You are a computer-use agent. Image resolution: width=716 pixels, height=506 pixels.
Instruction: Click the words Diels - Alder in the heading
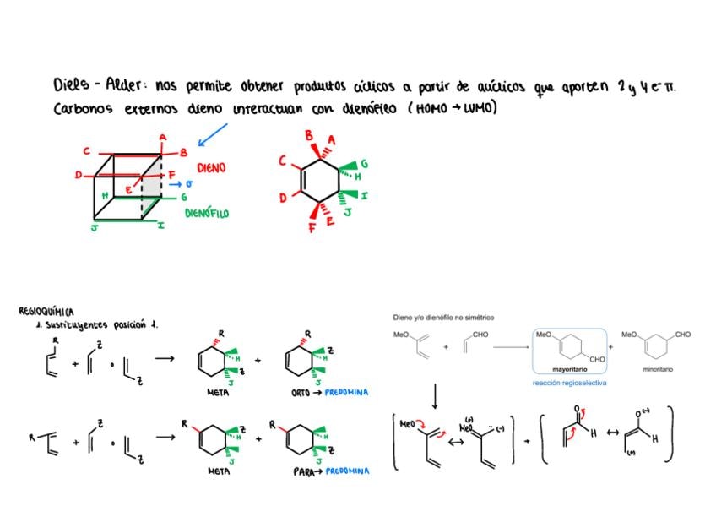click(92, 86)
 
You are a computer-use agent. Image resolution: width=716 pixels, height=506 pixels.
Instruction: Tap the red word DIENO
click(211, 168)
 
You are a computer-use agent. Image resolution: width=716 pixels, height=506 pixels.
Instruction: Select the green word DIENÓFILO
click(207, 214)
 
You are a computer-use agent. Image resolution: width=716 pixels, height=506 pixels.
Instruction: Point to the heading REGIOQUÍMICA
click(46, 312)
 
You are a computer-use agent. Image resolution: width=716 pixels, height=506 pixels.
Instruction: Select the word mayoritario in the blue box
click(570, 370)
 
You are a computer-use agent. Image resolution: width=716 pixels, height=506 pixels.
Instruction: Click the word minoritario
click(656, 370)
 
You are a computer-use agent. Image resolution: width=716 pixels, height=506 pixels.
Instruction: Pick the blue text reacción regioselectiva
click(569, 383)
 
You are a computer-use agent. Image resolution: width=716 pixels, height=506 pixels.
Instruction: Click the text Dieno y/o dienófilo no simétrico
click(443, 318)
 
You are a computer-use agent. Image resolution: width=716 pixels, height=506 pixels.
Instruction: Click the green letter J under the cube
click(95, 227)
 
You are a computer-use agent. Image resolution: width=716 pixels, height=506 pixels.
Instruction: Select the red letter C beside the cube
click(86, 152)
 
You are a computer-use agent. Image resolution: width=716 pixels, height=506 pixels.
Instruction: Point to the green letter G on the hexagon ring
click(364, 162)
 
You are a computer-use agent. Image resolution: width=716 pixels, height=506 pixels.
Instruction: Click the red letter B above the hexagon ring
click(309, 135)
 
